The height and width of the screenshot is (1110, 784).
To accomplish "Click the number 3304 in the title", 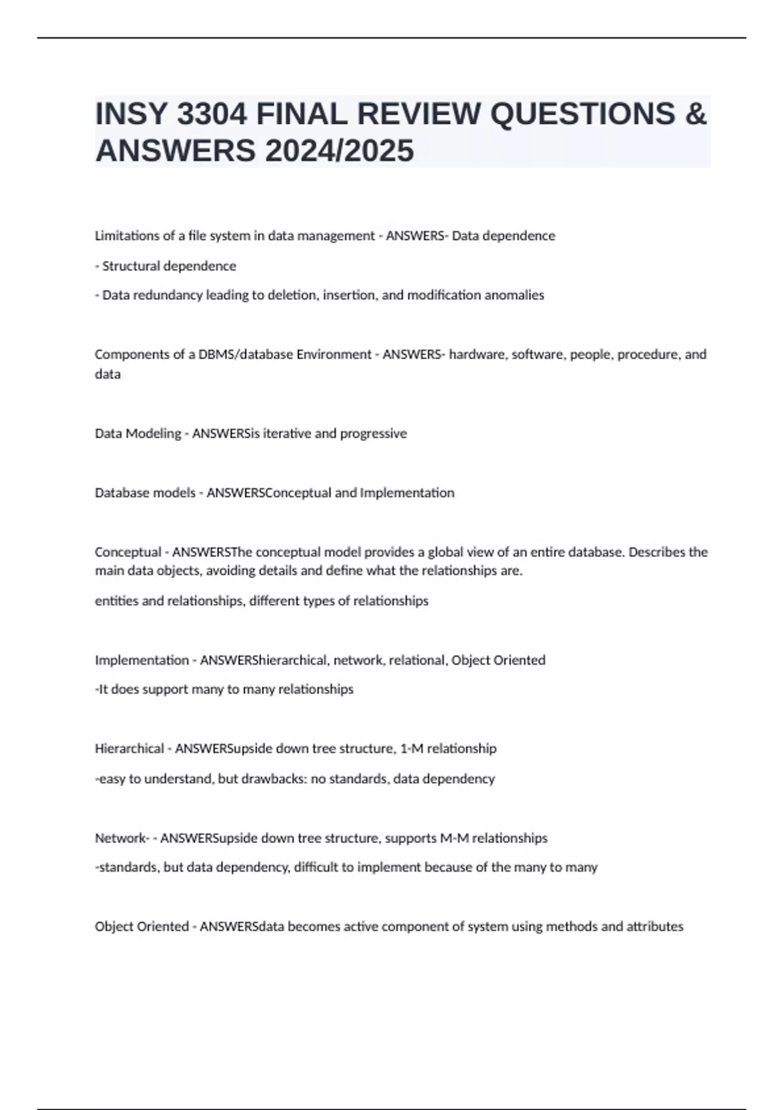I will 212,114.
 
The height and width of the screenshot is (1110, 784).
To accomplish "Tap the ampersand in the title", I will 696,114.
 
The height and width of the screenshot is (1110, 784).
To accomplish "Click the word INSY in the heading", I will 131,114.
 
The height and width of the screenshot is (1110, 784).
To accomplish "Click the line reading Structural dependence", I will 165,266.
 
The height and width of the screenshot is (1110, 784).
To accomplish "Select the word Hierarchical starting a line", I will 129,749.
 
